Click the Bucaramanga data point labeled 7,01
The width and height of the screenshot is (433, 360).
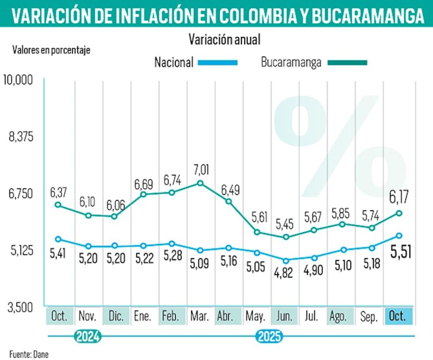(200, 183)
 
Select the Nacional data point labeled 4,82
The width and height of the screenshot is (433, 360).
(286, 260)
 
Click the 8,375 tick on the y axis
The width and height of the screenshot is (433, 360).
(21, 137)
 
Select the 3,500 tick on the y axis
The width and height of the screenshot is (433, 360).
(21, 308)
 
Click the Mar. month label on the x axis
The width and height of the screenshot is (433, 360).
(200, 317)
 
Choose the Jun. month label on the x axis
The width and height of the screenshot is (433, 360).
(285, 317)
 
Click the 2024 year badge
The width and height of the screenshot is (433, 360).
(87, 337)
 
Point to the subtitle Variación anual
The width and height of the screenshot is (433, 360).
(224, 40)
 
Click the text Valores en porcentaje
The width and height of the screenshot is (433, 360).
(51, 50)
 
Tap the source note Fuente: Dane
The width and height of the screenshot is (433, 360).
(29, 354)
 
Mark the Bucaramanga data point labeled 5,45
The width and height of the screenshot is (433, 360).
(286, 237)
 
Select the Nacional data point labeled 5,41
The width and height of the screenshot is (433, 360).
(58, 239)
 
